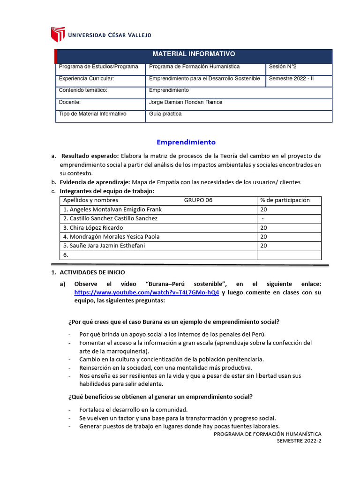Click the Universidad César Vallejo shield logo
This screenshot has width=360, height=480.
pyautogui.click(x=58, y=34)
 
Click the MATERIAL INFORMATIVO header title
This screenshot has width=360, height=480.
pyautogui.click(x=194, y=54)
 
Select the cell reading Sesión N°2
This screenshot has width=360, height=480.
pyautogui.click(x=284, y=67)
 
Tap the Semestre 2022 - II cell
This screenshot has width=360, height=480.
pyautogui.click(x=291, y=79)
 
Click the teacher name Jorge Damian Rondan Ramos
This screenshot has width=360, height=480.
pyautogui.click(x=185, y=102)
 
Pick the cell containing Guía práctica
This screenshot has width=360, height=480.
pyautogui.click(x=165, y=114)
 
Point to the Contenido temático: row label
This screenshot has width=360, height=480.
pyautogui.click(x=83, y=90)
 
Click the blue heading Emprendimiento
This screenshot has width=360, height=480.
pyautogui.click(x=186, y=142)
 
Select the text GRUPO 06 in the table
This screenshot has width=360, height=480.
pyautogui.click(x=198, y=200)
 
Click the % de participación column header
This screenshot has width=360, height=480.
pyautogui.click(x=285, y=200)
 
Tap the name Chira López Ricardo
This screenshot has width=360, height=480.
pyautogui.click(x=93, y=228)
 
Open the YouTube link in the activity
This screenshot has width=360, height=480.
pyautogui.click(x=147, y=292)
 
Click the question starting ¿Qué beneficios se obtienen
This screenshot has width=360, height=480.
pyautogui.click(x=160, y=397)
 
